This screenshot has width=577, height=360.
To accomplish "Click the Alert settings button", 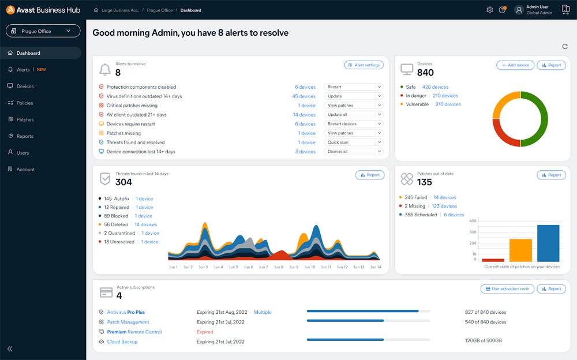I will point(364,65).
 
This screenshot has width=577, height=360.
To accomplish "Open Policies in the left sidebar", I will point(25,103).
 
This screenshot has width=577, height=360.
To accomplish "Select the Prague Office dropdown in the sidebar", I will point(43,31).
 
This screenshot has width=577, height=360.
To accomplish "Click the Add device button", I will point(515,65).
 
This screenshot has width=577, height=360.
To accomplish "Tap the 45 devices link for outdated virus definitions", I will point(304,96).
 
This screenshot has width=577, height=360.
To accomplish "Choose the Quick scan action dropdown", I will point(353,142).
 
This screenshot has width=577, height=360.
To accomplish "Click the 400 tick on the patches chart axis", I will point(473,221).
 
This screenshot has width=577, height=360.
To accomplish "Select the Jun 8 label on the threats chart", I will point(279,267).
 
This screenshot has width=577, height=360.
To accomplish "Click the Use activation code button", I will point(507,289).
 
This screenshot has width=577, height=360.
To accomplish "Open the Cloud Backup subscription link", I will point(122,342).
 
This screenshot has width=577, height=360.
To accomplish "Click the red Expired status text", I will point(205,332).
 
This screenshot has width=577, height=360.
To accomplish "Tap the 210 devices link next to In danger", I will point(445,96).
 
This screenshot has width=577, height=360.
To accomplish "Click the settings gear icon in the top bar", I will point(490,10).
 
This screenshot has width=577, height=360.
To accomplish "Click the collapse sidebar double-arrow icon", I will point(10,349).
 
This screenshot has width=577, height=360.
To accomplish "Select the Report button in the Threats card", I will point(370,175).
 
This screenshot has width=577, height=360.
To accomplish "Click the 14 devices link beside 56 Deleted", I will point(145,224).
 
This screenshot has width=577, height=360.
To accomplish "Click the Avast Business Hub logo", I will point(43,10).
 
